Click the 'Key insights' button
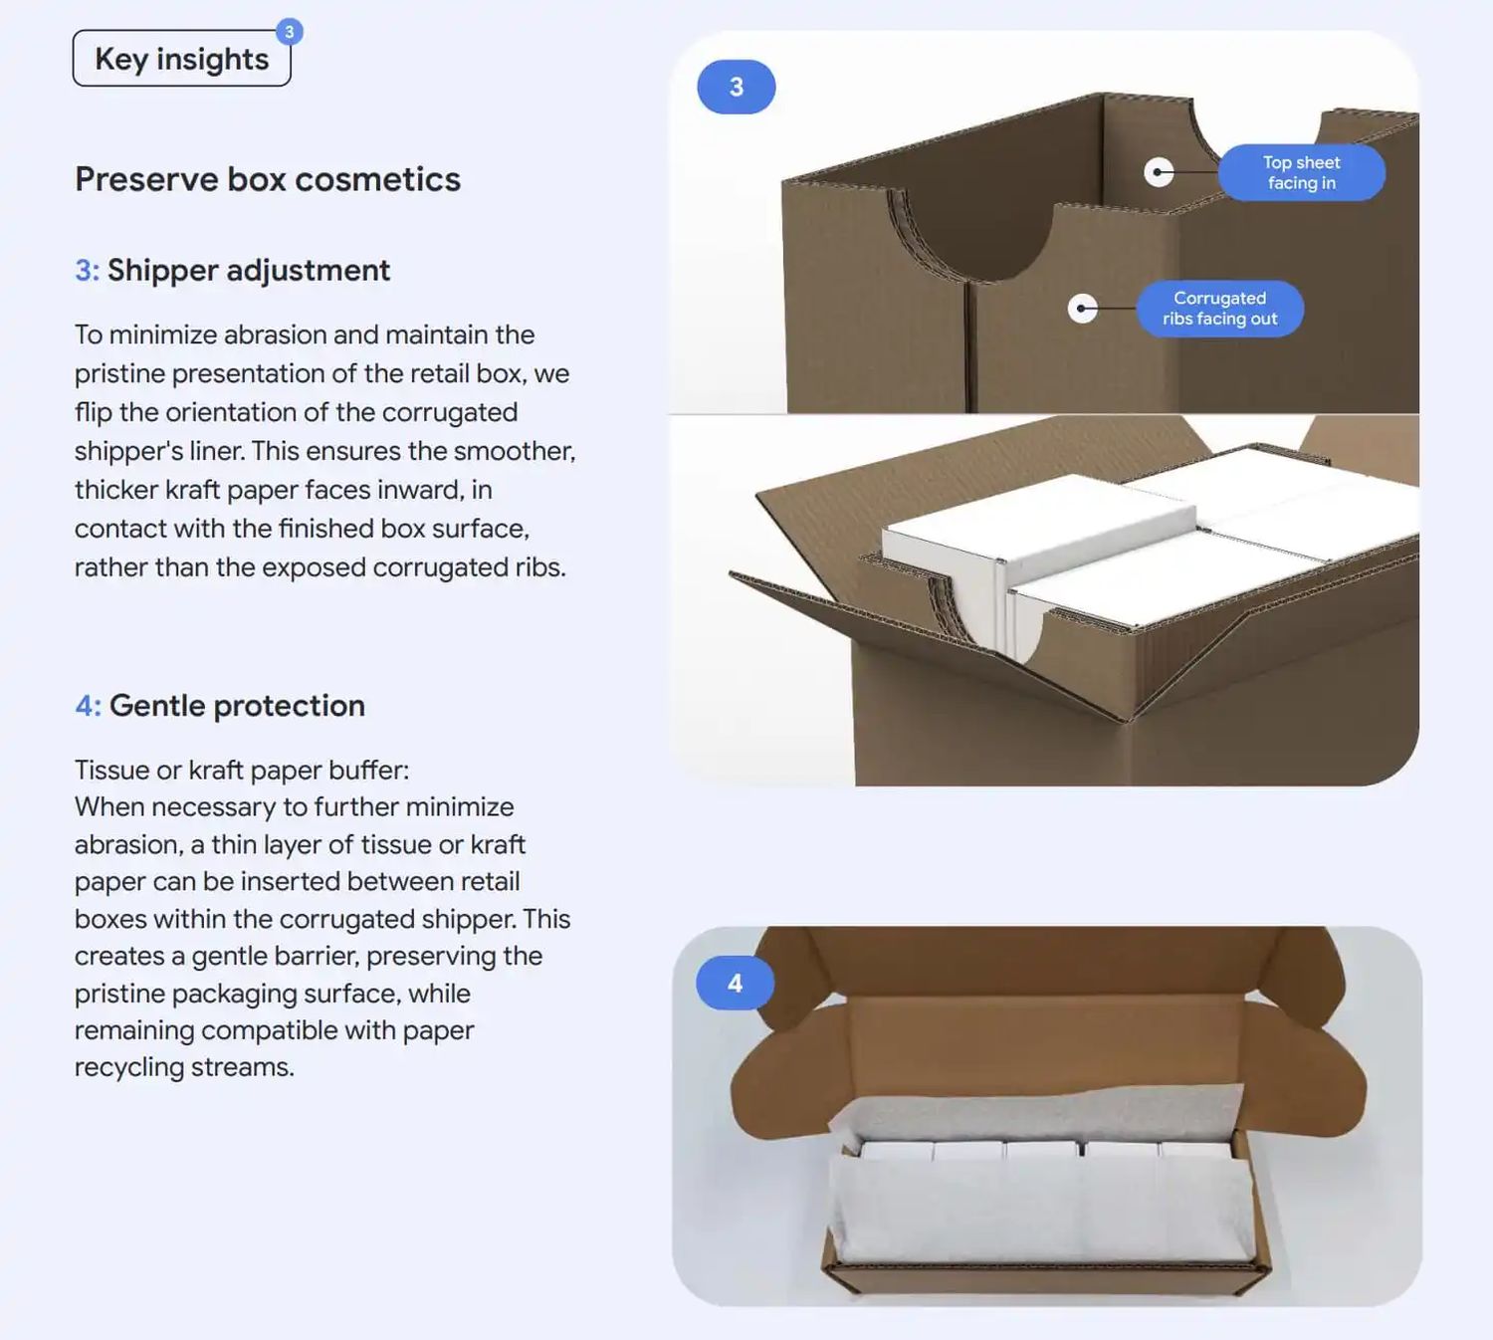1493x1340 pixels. pyautogui.click(x=181, y=58)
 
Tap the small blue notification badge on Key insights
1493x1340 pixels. pyautogui.click(x=290, y=32)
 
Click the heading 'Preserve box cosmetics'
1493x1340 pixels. pyautogui.click(x=268, y=179)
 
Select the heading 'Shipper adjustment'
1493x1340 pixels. pyautogui.click(x=249, y=271)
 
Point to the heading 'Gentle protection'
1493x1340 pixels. pyautogui.click(x=237, y=706)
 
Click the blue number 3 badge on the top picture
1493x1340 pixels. pyautogui.click(x=737, y=87)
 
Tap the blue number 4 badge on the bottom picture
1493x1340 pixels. pyautogui.click(x=735, y=984)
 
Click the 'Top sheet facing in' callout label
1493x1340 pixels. pyautogui.click(x=1302, y=172)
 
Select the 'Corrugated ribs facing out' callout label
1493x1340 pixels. pyautogui.click(x=1219, y=308)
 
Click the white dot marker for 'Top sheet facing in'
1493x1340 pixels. pyautogui.click(x=1159, y=172)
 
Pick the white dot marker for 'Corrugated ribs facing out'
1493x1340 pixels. pyautogui.click(x=1083, y=308)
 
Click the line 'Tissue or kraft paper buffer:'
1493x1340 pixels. pyautogui.click(x=242, y=771)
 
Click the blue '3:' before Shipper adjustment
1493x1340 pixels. pyautogui.click(x=87, y=271)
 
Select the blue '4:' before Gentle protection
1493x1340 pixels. pyautogui.click(x=88, y=706)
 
